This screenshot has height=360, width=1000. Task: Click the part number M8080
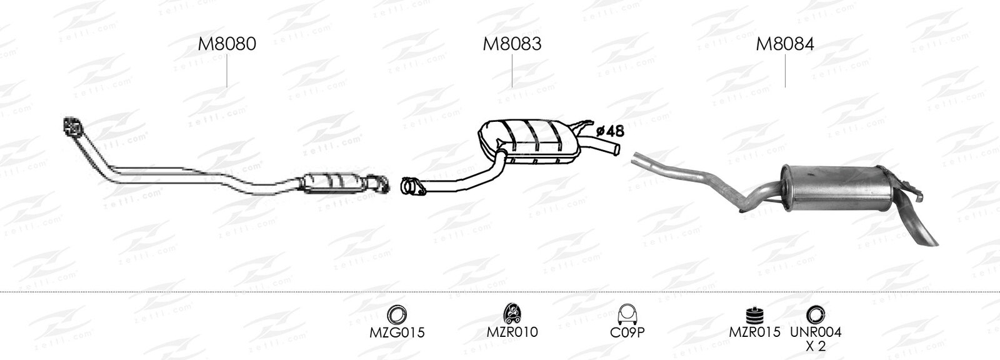pos(227,44)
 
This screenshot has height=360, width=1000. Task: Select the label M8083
pos(512,44)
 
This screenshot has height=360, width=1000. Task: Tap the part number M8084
pos(785,44)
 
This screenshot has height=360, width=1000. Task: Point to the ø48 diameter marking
pos(610,131)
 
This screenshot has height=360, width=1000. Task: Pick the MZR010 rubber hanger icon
pos(512,314)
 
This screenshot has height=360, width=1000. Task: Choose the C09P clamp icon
pos(627,314)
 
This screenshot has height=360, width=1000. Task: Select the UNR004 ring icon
pos(815,314)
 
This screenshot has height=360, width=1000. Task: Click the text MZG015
pos(397,332)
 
